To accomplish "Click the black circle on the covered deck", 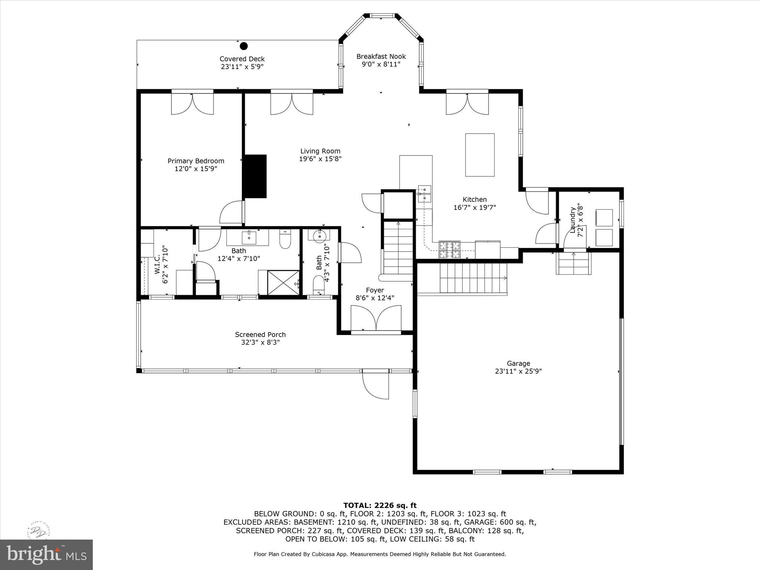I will pyautogui.click(x=243, y=46).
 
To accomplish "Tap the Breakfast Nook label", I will pyautogui.click(x=381, y=56).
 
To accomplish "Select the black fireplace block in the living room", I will pyautogui.click(x=255, y=176).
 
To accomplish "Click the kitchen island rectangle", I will pyautogui.click(x=480, y=155).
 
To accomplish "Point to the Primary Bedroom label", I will pyautogui.click(x=196, y=161).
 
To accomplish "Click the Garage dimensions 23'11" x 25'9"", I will pyautogui.click(x=518, y=371).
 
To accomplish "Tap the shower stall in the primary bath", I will pyautogui.click(x=283, y=283).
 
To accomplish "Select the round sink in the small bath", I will pyautogui.click(x=319, y=236).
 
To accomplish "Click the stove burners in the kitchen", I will pyautogui.click(x=449, y=249).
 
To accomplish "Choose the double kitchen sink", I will pyautogui.click(x=425, y=194).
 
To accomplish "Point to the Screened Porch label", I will pyautogui.click(x=260, y=335).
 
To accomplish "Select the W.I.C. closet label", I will pyautogui.click(x=157, y=264).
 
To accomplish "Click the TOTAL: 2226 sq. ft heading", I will pyautogui.click(x=380, y=505).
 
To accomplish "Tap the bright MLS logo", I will pyautogui.click(x=46, y=554).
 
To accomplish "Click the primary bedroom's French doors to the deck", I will pyautogui.click(x=192, y=103).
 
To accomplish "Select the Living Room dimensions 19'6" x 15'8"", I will pyautogui.click(x=320, y=159).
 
